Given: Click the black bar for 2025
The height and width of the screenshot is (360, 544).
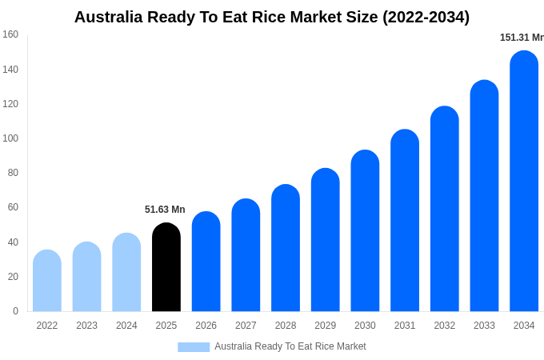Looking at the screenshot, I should coord(166,268).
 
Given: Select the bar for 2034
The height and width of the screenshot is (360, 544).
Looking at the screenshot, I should coord(524,182).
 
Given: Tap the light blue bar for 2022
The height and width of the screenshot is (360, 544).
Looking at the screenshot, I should coord(47,282).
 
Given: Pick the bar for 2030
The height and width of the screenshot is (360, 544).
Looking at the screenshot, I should coord(365,232).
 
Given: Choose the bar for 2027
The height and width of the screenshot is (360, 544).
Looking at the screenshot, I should coord(246,256).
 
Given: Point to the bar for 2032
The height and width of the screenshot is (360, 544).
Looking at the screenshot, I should coord(445,210).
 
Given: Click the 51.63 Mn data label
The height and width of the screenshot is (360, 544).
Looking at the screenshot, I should coord(165,210).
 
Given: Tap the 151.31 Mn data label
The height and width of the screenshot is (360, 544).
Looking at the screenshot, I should coord(522,38).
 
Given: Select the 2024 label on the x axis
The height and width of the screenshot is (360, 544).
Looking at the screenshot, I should coord(126,326).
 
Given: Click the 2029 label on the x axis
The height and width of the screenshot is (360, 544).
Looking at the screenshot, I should coord(326,326).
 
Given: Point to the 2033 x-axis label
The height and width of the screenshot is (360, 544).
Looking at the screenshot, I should coord(484,326).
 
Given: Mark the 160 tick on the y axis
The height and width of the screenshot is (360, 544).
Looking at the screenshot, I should coord(10,34).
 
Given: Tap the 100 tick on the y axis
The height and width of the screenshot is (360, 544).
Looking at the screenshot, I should coord(10,138).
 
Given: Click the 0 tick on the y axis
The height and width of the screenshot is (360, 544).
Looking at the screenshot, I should coord(15,311).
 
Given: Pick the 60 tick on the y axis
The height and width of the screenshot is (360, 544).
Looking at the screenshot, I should coord(13,207).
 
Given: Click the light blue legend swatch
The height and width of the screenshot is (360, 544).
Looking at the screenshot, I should coord(194,347).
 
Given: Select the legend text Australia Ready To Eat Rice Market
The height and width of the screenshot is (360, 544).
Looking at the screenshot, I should coord(290,346).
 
